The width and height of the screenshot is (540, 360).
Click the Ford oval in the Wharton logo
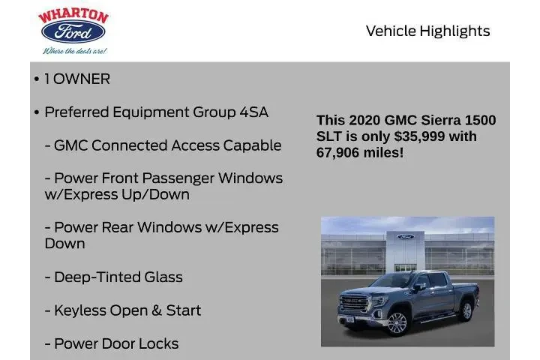point(73,32)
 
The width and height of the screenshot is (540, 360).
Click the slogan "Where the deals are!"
point(74,50)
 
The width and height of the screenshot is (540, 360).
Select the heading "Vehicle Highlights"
point(427,31)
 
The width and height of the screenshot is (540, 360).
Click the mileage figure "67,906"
point(341,152)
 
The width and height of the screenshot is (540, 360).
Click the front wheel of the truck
point(397,323)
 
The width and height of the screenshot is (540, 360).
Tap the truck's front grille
point(354,303)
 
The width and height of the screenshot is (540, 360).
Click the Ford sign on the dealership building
point(405,237)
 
